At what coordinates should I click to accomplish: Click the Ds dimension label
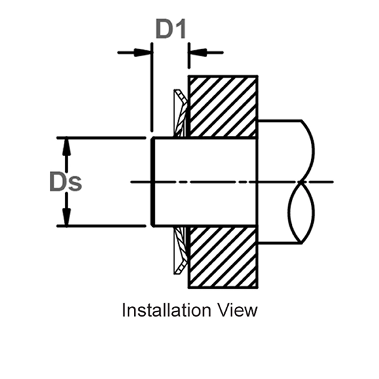(66, 182)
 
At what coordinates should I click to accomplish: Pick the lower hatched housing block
(223, 257)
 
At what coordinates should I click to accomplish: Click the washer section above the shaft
(179, 115)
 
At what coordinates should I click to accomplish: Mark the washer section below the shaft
(179, 250)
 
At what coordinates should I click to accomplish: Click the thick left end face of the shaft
(153, 182)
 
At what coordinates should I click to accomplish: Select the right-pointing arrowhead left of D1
(145, 52)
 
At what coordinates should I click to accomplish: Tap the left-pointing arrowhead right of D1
(196, 52)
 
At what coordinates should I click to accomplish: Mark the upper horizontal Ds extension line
(101, 138)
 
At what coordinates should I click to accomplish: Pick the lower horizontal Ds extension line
(101, 226)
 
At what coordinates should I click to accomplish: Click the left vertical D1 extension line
(152, 88)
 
